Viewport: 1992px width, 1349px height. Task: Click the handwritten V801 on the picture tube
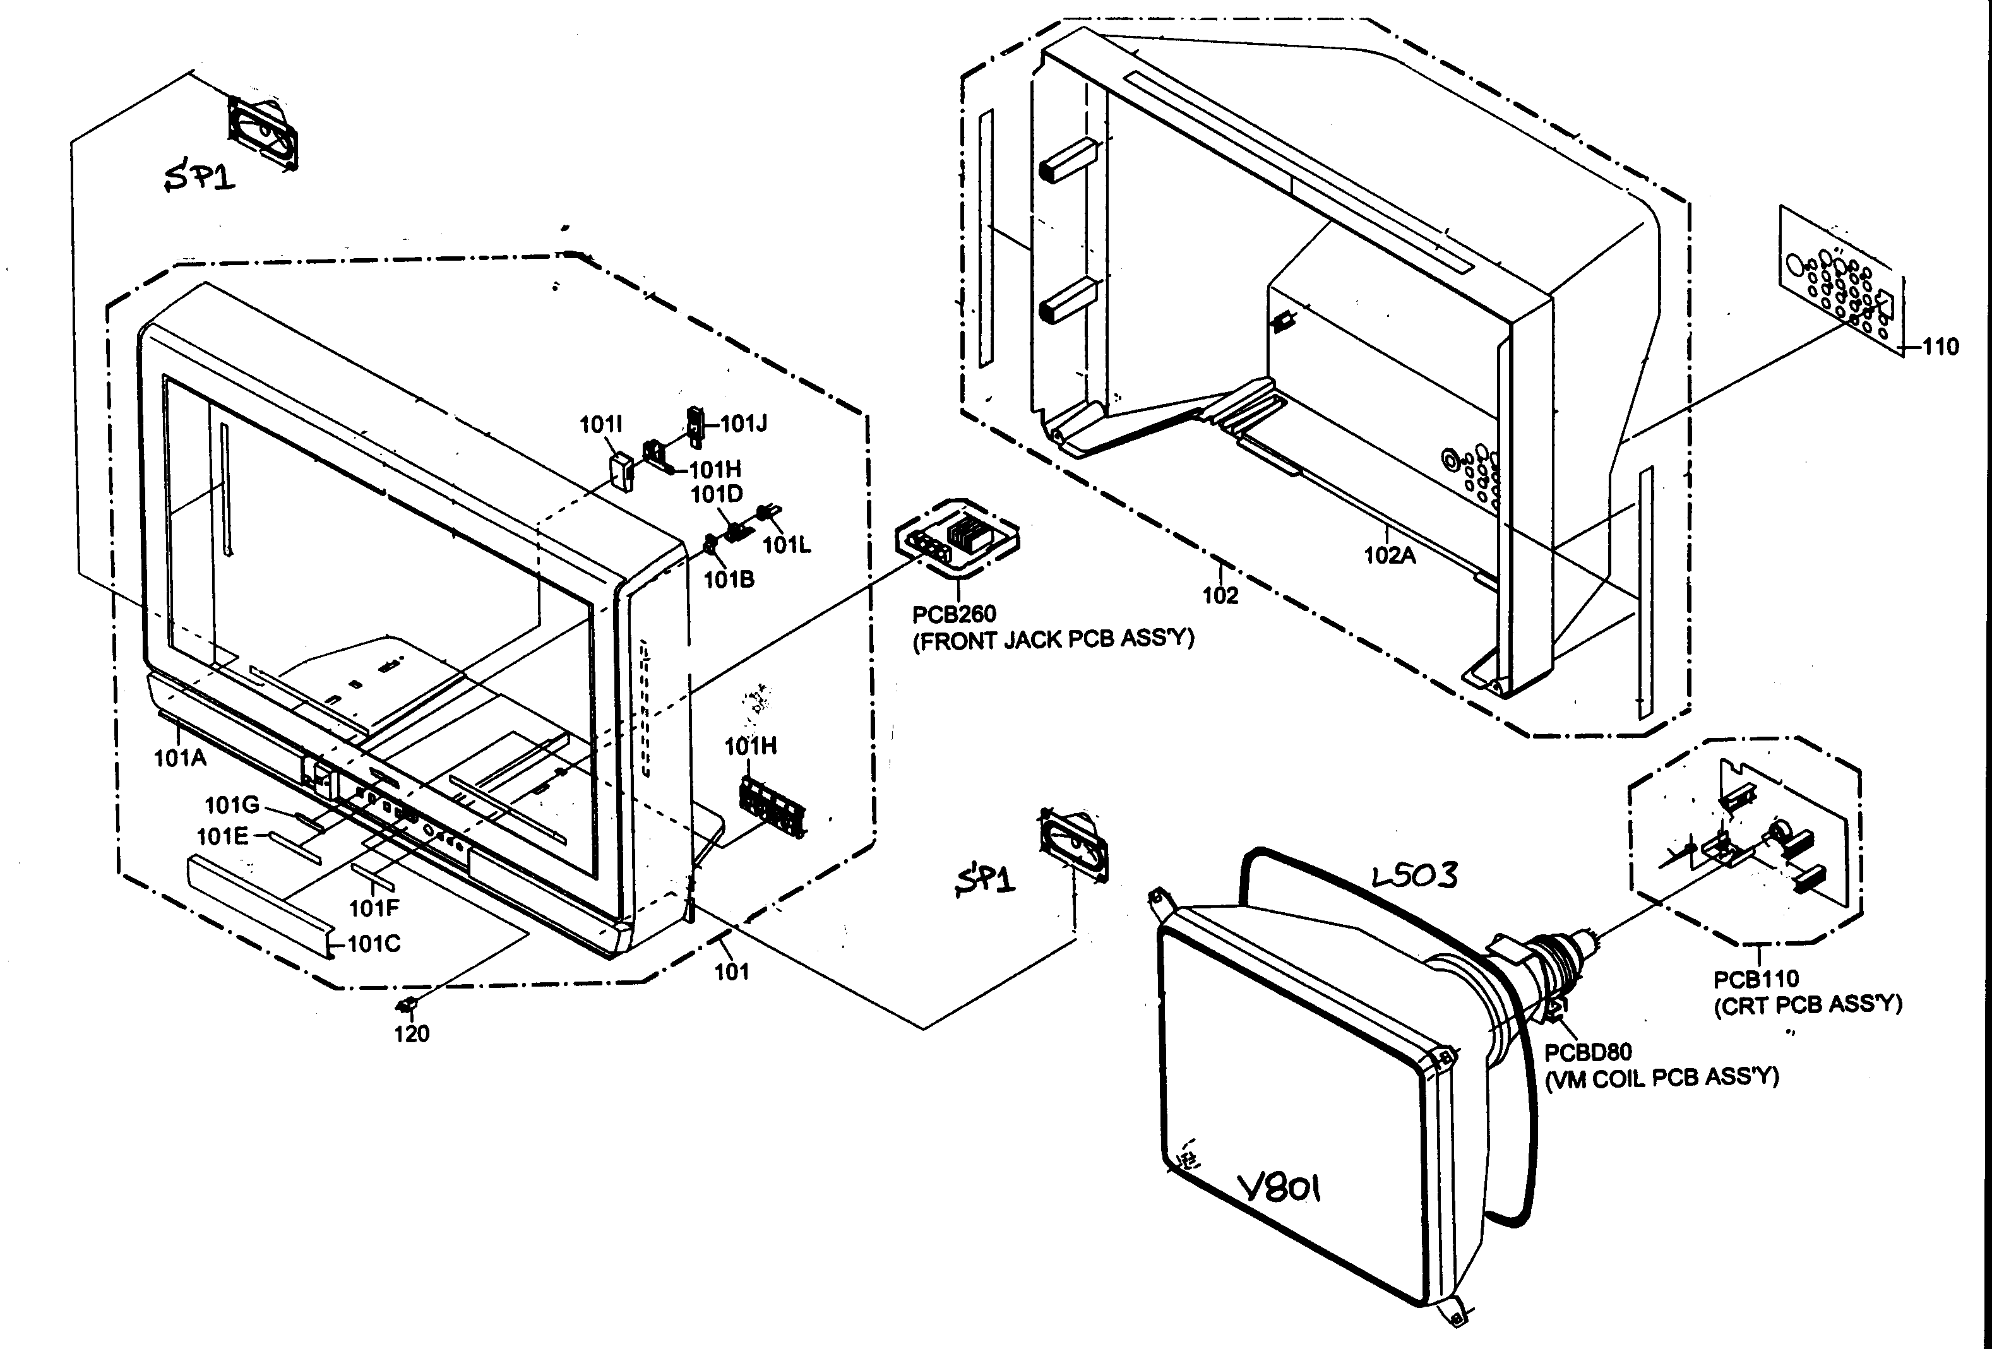1280,1188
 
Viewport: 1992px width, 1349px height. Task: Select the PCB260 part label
953,614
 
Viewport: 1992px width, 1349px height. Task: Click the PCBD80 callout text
1587,1052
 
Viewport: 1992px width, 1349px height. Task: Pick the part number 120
412,1033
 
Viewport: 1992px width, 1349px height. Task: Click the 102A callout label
1390,556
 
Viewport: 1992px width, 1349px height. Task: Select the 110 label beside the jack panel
1940,347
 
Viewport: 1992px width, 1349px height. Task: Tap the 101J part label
743,424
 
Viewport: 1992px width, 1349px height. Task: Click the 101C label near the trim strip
374,944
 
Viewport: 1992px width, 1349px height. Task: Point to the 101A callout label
180,758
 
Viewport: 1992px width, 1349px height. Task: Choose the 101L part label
786,545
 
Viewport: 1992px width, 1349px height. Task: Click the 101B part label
729,580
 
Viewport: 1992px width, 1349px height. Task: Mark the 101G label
232,805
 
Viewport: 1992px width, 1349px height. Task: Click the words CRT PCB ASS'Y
1807,1004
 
